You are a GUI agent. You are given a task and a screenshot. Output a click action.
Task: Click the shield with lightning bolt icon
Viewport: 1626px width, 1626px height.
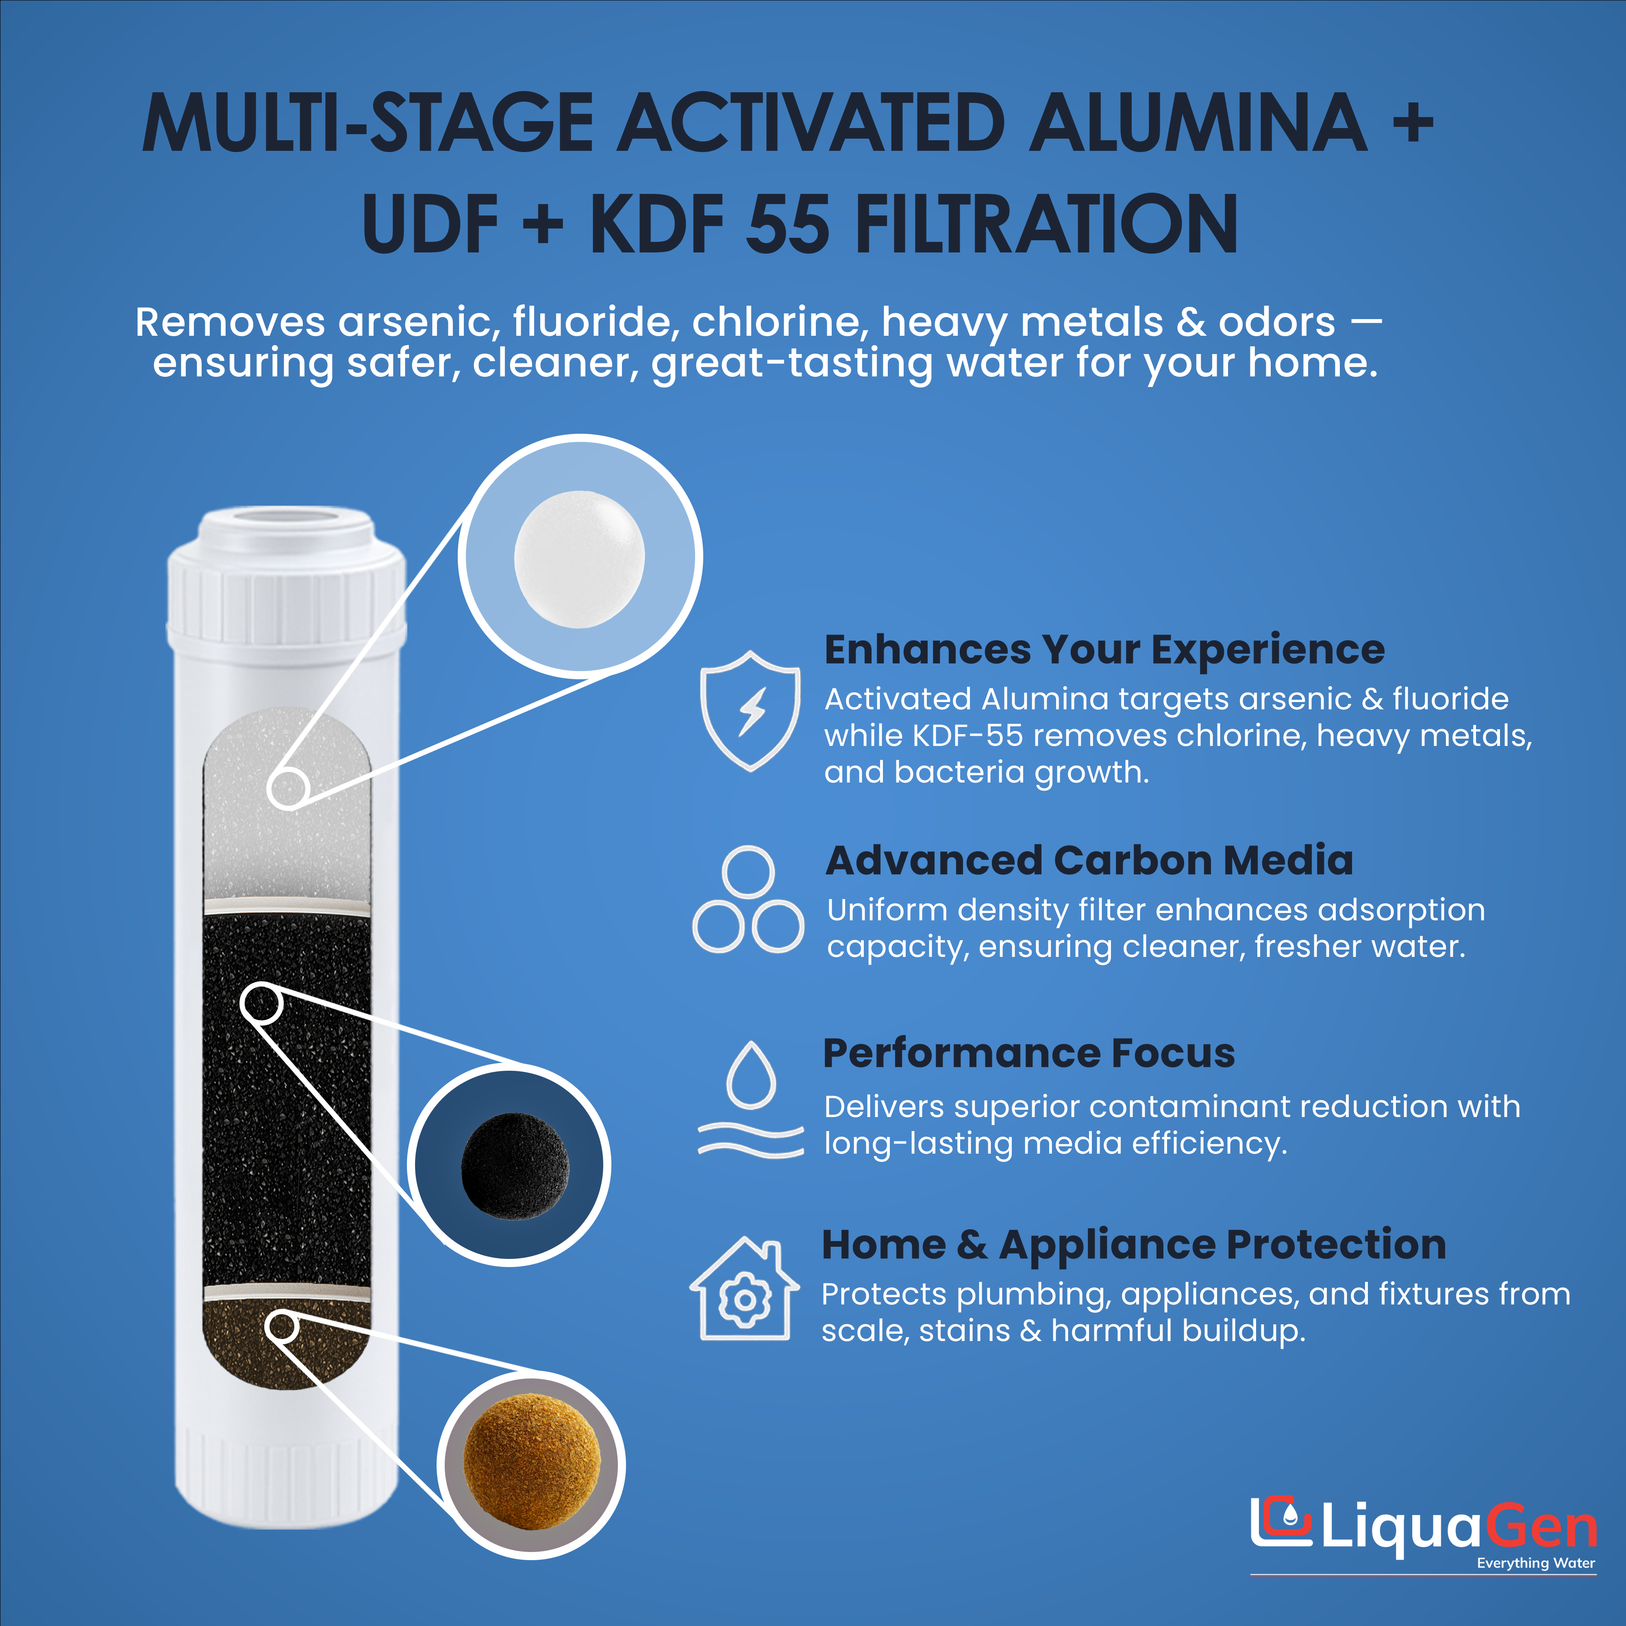click(750, 711)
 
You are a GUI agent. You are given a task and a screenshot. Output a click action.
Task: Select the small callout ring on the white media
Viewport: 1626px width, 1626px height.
click(288, 789)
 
